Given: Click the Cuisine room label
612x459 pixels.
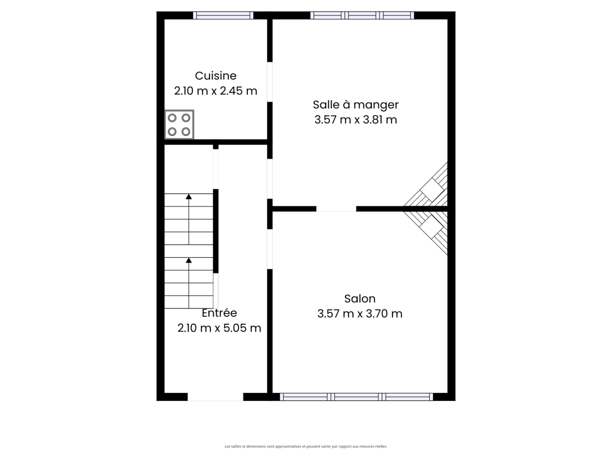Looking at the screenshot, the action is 216,76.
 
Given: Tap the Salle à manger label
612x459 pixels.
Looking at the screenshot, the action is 355,105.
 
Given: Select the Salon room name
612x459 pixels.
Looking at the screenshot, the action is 360,299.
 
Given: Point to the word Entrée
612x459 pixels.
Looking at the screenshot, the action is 219,313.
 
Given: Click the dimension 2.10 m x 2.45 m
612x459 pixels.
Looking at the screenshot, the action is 216,91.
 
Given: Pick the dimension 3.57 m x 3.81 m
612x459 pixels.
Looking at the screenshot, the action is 355,120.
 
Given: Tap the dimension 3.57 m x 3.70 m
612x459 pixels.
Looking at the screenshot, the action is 360,314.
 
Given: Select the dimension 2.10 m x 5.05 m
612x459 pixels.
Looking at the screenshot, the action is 219,328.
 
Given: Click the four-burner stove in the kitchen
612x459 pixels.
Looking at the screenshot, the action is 179,125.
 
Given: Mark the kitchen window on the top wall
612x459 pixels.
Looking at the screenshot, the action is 223,15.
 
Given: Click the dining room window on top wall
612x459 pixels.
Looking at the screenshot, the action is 362,15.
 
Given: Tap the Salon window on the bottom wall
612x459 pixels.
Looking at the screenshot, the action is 356,397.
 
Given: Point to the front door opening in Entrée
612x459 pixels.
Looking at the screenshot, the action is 215,397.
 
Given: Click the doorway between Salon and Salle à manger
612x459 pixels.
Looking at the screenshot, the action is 336,209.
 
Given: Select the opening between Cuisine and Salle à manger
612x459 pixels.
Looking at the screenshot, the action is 270,82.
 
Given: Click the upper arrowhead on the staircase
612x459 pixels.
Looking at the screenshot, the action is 189,197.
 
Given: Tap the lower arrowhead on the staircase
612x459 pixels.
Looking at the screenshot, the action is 189,260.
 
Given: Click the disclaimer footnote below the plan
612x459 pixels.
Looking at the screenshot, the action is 306,447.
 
